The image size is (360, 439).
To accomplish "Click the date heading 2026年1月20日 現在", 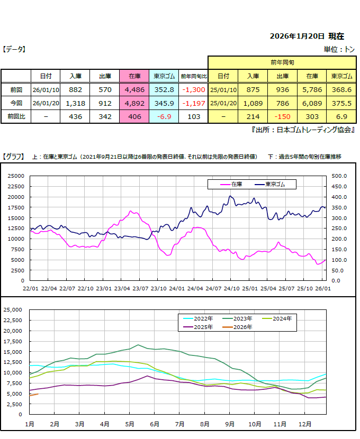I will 307,36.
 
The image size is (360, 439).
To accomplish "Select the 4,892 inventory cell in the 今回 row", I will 134,103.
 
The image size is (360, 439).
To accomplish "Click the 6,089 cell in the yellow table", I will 311,103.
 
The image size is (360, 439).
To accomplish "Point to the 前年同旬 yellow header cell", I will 282,62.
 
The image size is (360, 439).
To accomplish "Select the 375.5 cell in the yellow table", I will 341,103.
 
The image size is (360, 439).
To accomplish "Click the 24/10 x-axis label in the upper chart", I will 232,288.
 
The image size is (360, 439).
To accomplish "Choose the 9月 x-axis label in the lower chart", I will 230,424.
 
